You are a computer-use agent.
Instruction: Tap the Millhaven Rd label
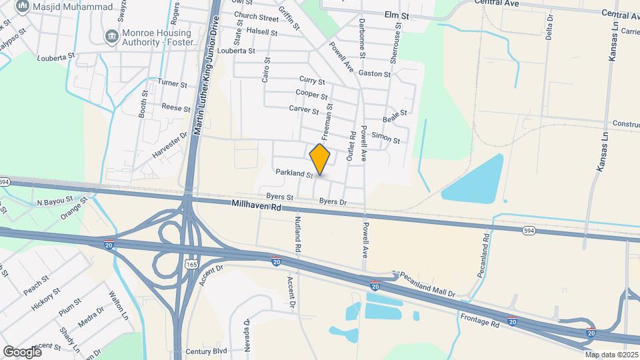(257, 207)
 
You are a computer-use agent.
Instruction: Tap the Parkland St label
(295, 173)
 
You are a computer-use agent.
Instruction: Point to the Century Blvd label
(207, 351)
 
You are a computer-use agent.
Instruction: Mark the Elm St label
(395, 14)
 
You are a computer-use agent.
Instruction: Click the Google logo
(22, 351)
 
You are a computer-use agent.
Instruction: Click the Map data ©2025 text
(611, 355)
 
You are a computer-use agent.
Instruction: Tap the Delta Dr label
(550, 27)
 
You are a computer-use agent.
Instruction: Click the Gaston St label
(374, 73)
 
